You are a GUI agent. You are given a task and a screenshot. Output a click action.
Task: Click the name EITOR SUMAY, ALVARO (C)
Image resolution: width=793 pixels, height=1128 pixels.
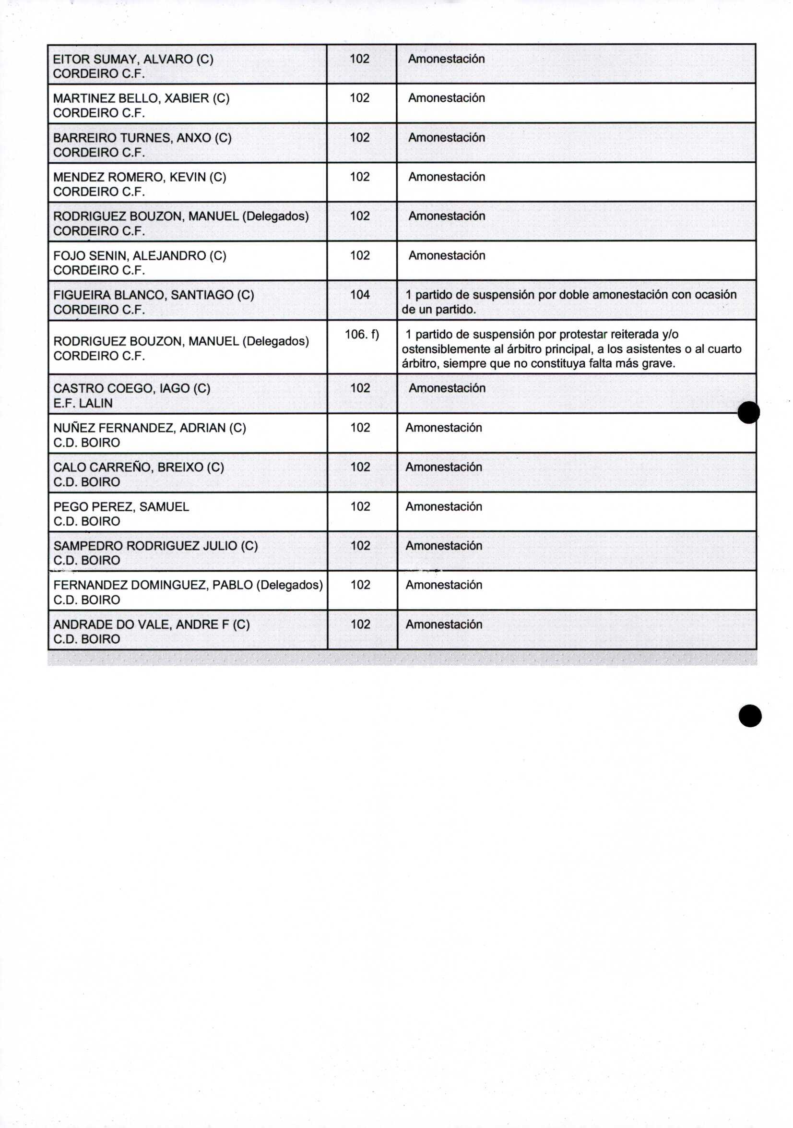click(133, 60)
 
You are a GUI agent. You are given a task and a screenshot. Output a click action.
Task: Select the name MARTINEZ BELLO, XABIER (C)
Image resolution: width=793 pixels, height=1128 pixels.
click(141, 98)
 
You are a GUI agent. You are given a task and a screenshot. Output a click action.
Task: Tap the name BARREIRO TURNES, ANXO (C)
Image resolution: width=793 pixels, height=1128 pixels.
click(142, 138)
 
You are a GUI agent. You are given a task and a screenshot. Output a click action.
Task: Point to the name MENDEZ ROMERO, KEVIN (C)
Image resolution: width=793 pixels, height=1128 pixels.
click(140, 177)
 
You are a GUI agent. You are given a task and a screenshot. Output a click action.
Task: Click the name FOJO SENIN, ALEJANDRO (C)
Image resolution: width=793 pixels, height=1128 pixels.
click(140, 256)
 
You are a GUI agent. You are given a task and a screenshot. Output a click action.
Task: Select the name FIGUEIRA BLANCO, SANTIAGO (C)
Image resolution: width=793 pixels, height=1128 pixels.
click(154, 295)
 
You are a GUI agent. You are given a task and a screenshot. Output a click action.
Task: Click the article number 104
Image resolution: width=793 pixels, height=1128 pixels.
click(360, 295)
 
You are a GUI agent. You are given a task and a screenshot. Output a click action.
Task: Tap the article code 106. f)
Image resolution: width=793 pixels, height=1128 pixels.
click(362, 335)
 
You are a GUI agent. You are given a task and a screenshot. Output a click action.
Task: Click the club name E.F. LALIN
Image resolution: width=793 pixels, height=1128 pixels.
click(83, 403)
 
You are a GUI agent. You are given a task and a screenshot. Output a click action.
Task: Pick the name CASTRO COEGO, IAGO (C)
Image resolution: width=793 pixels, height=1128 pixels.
click(131, 389)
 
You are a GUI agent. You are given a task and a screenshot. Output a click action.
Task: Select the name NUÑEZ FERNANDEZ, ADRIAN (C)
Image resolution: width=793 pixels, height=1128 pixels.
click(150, 428)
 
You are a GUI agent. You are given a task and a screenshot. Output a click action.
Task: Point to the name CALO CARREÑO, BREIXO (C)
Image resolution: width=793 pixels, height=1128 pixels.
click(139, 467)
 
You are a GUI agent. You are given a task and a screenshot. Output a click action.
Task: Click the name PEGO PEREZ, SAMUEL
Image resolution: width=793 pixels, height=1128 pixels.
click(121, 506)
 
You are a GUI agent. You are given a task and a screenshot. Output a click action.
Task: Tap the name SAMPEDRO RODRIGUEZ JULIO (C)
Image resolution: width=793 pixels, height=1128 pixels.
click(155, 546)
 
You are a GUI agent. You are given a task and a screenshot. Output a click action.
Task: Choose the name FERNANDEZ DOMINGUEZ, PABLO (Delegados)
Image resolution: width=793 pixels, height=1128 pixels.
click(188, 585)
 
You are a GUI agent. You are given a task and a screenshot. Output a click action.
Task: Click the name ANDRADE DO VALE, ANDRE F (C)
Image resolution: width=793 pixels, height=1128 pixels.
click(151, 624)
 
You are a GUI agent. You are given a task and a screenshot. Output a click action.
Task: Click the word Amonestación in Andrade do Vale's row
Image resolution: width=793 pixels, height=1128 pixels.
click(444, 624)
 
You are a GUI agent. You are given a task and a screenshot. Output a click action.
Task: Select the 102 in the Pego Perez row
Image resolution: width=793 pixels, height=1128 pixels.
click(360, 506)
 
